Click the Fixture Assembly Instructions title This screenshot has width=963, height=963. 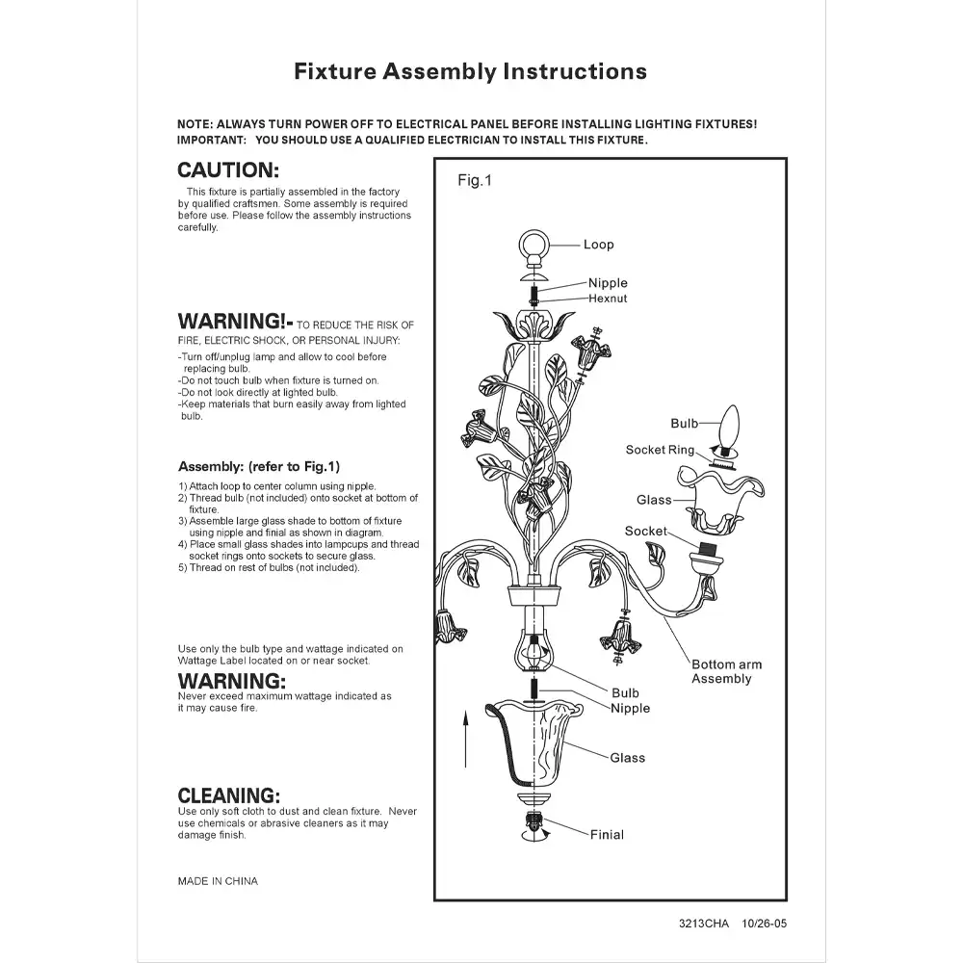(x=470, y=71)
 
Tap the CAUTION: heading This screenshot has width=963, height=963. (x=228, y=170)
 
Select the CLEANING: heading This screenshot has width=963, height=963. (x=229, y=795)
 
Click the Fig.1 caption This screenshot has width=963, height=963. (x=474, y=180)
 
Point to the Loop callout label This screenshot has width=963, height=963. (x=598, y=245)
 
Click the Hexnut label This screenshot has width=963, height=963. (x=608, y=299)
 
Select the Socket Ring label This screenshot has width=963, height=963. (x=660, y=450)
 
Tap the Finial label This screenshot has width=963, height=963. (x=607, y=835)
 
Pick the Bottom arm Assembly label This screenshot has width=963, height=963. (x=726, y=671)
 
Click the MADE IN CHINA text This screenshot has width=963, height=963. (x=218, y=881)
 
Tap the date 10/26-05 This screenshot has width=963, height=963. (x=765, y=924)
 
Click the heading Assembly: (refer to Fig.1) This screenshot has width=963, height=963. (x=259, y=466)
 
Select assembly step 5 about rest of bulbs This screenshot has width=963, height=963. (x=269, y=568)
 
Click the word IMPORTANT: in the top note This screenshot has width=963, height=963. (x=212, y=140)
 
